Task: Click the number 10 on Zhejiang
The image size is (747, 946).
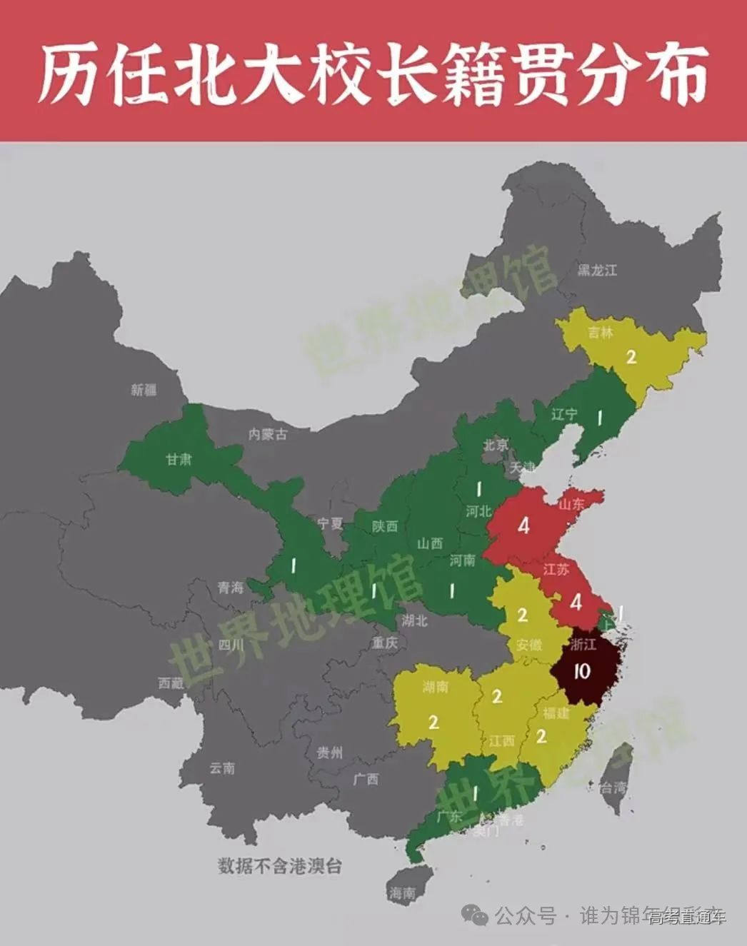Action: pos(581,672)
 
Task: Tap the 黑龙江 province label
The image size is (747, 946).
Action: pos(597,270)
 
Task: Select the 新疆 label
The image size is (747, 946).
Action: pos(144,390)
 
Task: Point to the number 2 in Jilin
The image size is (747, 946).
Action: pos(631,356)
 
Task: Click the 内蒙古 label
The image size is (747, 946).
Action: pos(268,433)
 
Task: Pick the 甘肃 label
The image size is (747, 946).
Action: pos(179,459)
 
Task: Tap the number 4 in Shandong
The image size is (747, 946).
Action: pos(524,526)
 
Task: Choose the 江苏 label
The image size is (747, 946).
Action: pos(556,570)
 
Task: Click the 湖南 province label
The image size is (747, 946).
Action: pos(436,688)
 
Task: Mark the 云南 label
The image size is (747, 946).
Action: pos(222,768)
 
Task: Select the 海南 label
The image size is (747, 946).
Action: pos(403,892)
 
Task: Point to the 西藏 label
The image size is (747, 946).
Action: pos(171,683)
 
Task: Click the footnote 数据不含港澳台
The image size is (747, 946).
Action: pos(280,866)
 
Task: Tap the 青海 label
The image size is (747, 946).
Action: pos(231,588)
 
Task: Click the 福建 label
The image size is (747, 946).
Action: pos(556,713)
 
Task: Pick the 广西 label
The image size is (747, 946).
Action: pos(366,779)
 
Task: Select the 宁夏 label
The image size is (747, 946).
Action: pos(330,523)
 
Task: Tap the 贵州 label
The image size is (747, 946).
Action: pos(330,753)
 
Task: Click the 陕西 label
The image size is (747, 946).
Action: pos(385,526)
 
